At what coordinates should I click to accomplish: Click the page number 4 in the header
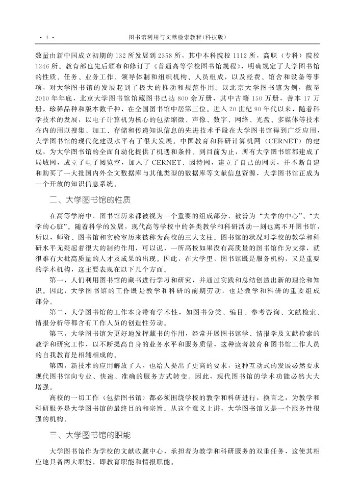tap(46, 38)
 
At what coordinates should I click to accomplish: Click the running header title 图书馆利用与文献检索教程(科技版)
tap(178, 38)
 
